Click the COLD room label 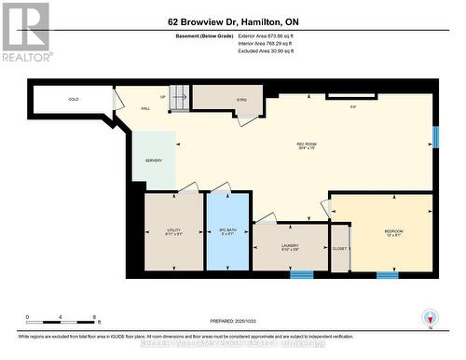[73, 99]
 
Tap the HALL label [145, 109]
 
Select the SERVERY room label [154, 160]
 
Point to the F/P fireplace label [352, 107]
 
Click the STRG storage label [242, 100]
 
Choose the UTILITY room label [173, 229]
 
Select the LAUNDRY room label [290, 246]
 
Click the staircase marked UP [179, 97]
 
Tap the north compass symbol [429, 317]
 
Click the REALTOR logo [25, 32]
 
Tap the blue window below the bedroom [388, 275]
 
